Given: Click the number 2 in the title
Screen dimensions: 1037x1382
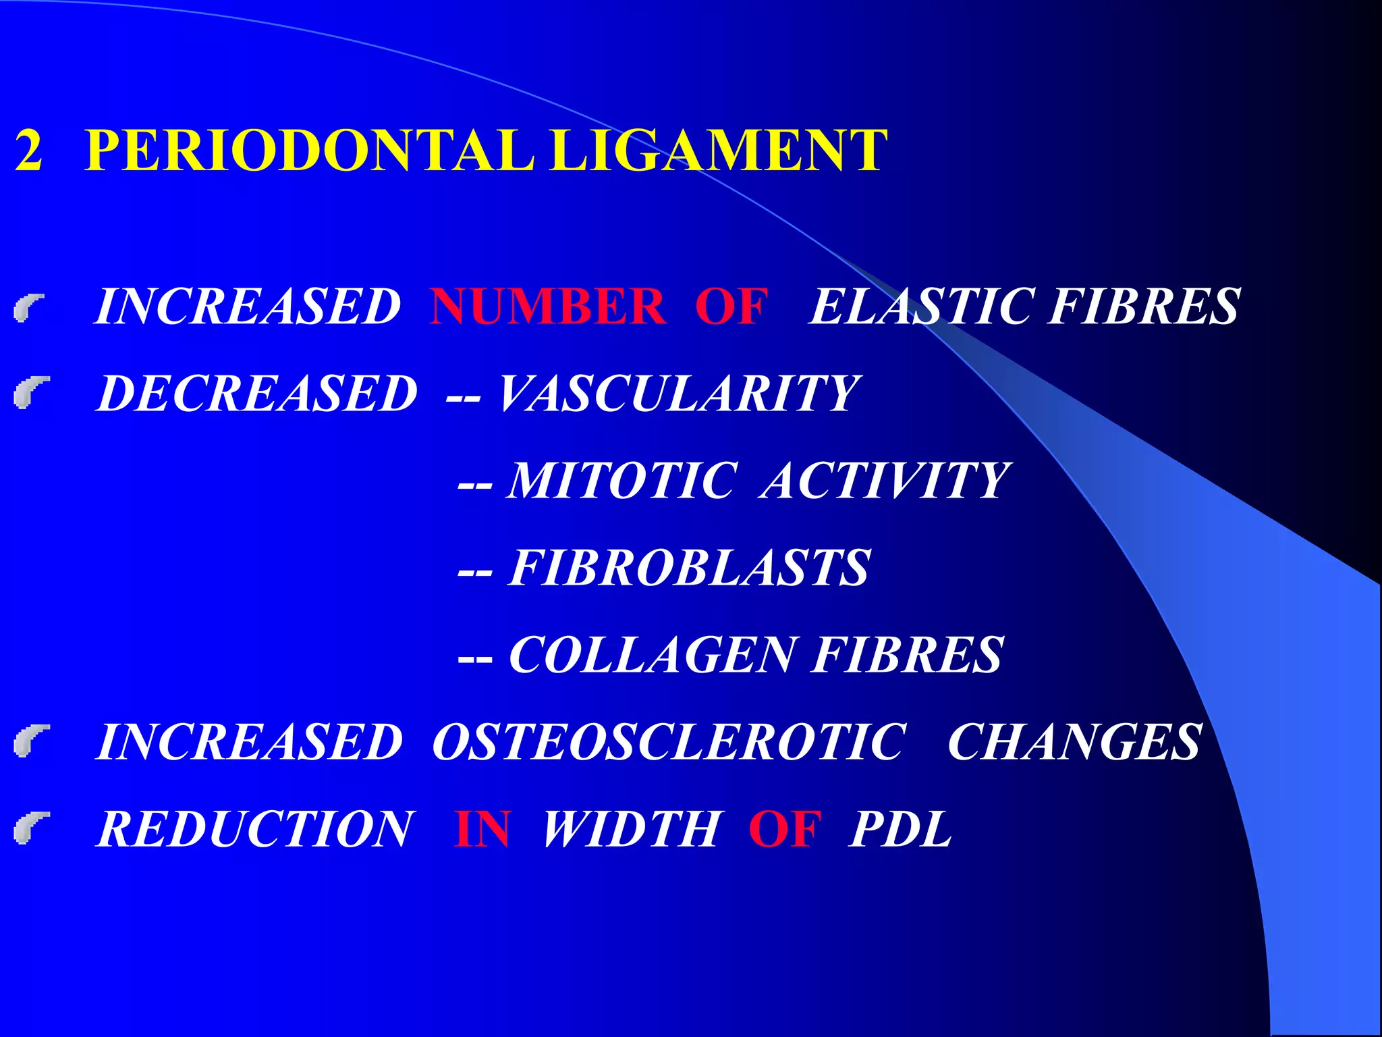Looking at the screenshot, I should tap(29, 150).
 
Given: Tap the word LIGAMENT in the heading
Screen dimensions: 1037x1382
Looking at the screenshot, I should tap(717, 150).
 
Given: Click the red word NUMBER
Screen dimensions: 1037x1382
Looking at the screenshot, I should tap(547, 307).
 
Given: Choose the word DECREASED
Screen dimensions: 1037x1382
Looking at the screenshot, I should tap(257, 393).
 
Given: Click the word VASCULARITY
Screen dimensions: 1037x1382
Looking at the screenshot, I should tap(678, 393).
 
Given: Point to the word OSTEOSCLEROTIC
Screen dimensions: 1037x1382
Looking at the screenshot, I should tap(669, 741).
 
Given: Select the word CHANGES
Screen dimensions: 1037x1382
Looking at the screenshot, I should tap(1074, 741).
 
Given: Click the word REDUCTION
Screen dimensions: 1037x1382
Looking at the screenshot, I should tap(254, 828).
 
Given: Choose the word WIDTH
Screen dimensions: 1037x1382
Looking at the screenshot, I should tap(631, 828).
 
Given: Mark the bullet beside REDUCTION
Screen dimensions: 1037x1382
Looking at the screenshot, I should tap(31, 829).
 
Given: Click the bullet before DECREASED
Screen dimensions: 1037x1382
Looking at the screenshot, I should tap(31, 394).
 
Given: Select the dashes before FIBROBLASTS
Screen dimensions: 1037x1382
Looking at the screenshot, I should tap(475, 571).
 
